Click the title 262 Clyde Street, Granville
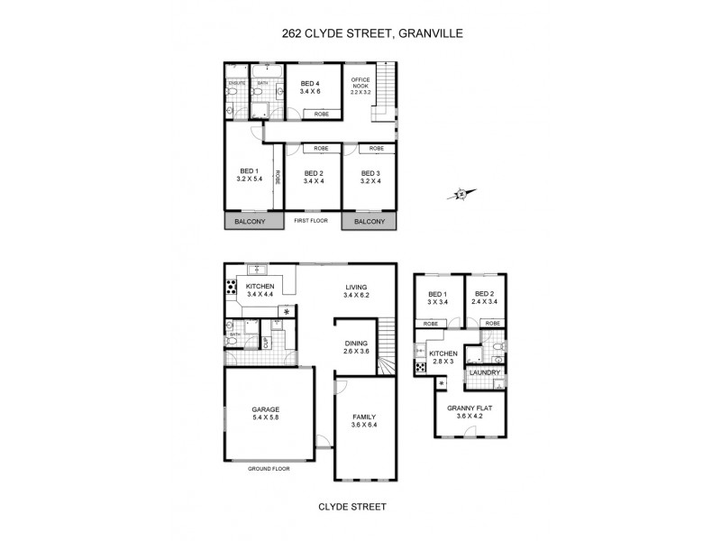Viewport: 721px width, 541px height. (x=360, y=35)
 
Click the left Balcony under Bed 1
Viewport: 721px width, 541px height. (x=250, y=222)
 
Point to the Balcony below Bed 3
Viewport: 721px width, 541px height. (x=370, y=222)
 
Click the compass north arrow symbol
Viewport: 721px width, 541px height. (x=461, y=192)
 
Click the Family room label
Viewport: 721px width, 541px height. (x=364, y=419)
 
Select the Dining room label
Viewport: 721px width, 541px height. (x=357, y=347)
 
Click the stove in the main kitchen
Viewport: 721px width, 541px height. (x=231, y=289)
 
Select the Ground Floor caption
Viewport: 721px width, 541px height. (x=269, y=470)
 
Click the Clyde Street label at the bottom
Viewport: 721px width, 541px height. (x=352, y=508)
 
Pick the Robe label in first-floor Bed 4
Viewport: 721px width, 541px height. (x=321, y=115)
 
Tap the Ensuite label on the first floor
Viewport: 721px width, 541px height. (x=237, y=84)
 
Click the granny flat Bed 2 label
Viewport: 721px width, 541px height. (x=485, y=298)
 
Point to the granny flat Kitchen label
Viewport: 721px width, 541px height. (x=442, y=357)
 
